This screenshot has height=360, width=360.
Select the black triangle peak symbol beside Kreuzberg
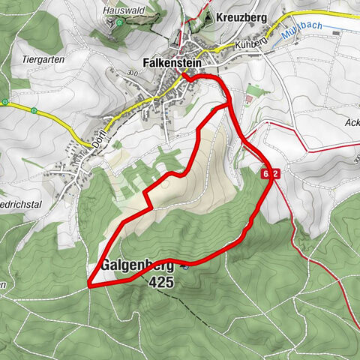pyautogui.click(x=208, y=16)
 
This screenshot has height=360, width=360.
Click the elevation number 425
pyautogui.click(x=160, y=283)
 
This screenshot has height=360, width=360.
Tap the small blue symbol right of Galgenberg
pyautogui.click(x=184, y=264)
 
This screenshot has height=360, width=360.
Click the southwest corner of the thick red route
pyautogui.click(x=89, y=286)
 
